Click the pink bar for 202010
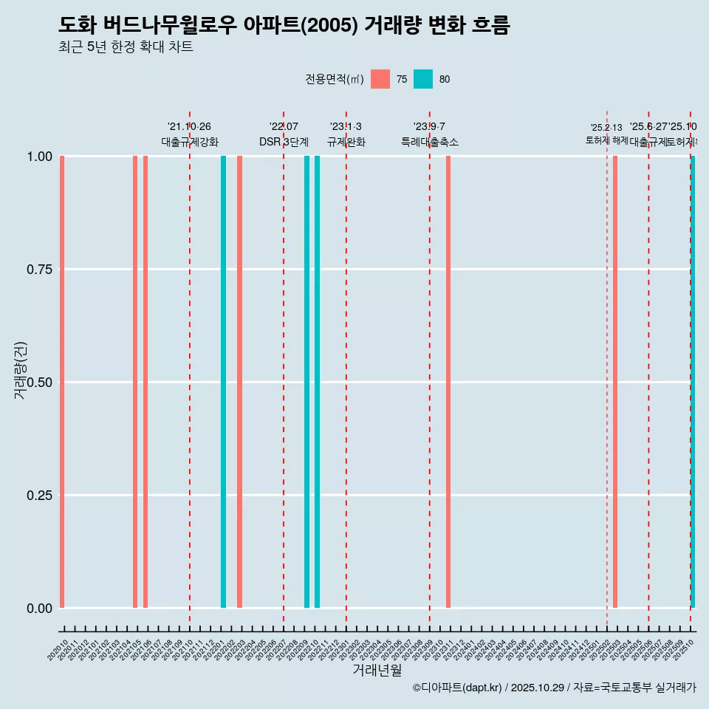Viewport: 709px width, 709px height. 62,382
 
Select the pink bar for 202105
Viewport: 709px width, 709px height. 135,382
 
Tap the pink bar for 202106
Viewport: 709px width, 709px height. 145,382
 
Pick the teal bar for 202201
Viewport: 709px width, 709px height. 223,382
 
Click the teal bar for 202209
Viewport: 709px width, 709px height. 306,382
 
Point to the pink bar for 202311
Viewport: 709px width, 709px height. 448,382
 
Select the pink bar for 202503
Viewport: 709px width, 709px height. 615,382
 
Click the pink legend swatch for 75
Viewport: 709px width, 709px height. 380,79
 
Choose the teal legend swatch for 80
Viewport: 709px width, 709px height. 423,79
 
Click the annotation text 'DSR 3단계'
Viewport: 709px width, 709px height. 284,142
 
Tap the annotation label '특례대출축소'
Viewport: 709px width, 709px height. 430,142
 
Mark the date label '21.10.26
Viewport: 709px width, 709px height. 190,127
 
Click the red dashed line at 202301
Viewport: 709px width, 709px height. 346,369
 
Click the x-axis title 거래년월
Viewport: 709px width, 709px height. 377,671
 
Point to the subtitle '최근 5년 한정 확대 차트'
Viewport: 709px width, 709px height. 126,47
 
